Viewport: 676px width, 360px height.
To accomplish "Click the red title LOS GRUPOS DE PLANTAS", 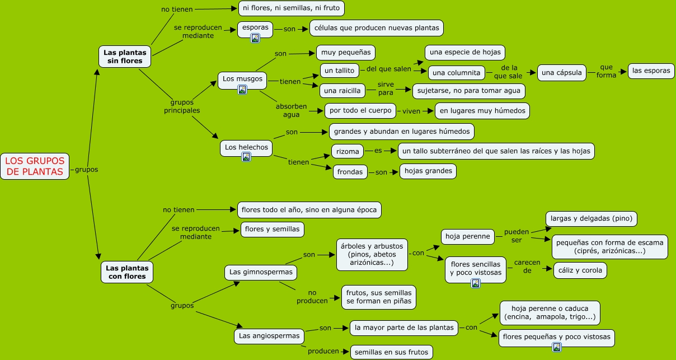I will click(35, 166).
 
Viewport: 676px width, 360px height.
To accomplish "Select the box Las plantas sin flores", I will click(125, 57).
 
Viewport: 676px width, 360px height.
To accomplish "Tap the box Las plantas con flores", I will click(126, 272).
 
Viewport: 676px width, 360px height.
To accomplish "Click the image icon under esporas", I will click(255, 38).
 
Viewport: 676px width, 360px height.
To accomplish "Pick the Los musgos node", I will click(242, 79).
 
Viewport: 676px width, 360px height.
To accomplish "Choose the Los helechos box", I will click(246, 147).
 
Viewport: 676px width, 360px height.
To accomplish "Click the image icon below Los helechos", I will click(246, 157).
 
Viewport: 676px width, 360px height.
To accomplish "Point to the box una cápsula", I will click(562, 72).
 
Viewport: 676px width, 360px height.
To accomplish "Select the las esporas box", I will click(651, 71).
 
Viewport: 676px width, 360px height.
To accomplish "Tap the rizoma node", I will click(348, 151).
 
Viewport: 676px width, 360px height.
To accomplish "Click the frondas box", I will click(351, 172).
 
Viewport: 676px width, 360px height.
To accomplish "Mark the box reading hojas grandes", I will click(428, 171).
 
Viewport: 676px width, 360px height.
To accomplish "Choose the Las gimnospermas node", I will click(261, 272).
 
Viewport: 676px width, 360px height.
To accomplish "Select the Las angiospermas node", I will click(269, 336).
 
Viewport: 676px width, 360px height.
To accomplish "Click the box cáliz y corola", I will click(580, 270).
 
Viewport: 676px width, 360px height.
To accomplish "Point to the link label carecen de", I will click(527, 266).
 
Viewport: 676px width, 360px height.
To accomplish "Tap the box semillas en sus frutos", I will click(391, 352).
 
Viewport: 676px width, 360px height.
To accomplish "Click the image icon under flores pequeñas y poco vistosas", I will click(556, 347).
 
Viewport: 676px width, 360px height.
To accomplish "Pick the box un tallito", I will click(339, 70).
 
